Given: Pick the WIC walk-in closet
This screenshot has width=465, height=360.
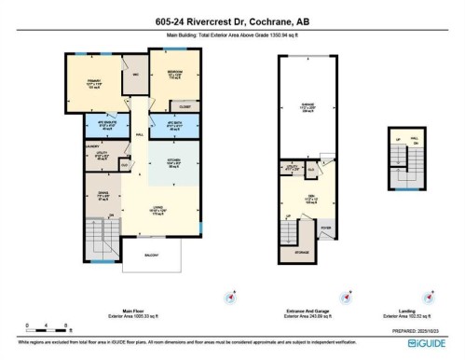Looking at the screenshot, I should click(136, 75).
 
